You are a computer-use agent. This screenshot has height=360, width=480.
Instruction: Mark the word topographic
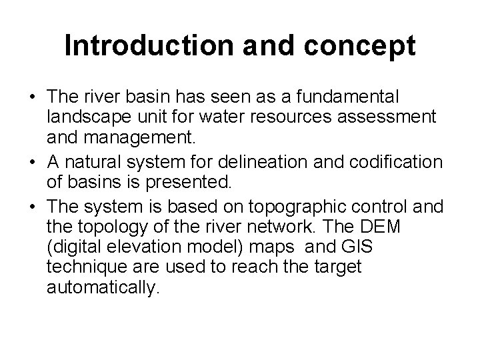[x=299, y=205]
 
